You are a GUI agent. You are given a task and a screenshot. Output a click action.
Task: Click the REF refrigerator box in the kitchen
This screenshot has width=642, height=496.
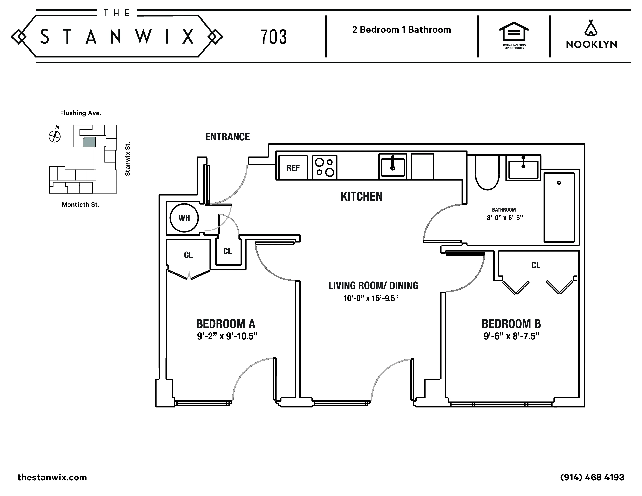point(293,167)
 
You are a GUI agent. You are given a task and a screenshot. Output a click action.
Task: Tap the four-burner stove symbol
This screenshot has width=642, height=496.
point(325,167)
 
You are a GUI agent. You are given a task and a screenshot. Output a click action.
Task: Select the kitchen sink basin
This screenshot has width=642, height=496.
point(392,167)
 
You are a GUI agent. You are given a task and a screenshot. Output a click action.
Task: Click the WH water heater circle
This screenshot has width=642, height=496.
point(184,218)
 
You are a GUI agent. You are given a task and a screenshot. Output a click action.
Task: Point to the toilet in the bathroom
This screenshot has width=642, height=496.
point(487,173)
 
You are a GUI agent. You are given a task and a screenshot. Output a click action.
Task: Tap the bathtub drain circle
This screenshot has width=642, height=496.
point(559,183)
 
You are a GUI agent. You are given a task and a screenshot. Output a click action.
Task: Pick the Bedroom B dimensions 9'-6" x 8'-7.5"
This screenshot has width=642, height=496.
point(511,336)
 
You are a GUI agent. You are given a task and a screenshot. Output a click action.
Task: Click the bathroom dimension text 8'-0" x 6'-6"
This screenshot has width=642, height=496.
point(505,218)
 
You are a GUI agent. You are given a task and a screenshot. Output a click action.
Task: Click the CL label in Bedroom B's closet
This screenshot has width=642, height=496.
point(536,265)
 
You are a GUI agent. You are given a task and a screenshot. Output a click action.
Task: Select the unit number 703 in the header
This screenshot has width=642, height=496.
point(273,37)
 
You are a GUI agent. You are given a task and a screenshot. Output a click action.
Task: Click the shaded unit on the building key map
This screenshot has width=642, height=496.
point(89,142)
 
